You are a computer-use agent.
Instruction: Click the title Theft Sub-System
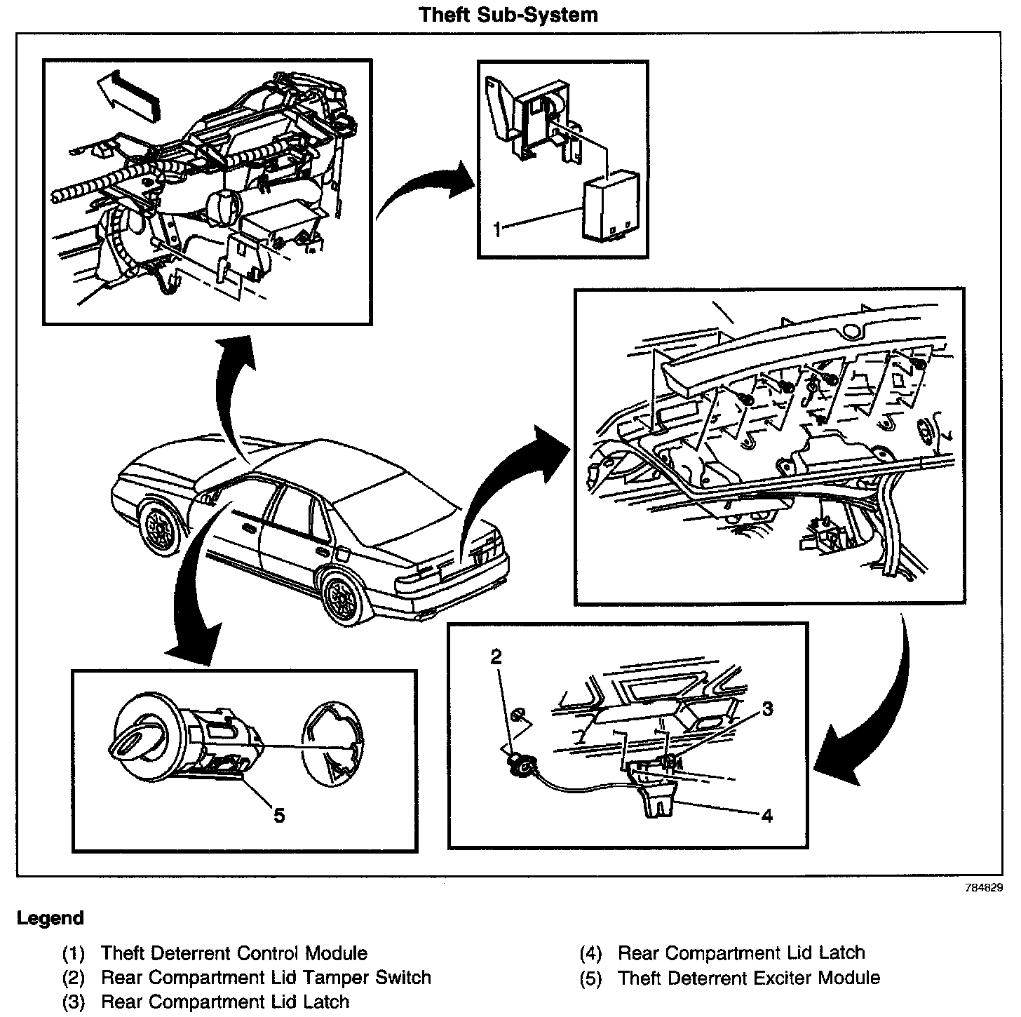point(508,15)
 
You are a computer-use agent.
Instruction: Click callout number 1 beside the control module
point(496,229)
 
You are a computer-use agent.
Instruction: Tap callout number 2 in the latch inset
point(496,657)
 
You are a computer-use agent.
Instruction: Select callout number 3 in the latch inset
point(768,709)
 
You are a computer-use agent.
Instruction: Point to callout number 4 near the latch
point(767,816)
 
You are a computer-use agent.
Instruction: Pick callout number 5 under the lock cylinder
point(279,816)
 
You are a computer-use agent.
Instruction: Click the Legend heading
point(50,918)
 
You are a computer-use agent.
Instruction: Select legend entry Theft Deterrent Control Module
point(234,953)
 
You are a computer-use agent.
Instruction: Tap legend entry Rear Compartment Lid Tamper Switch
point(266,977)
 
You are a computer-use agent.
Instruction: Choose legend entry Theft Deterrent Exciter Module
point(748,978)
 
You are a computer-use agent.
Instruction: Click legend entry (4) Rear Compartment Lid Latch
point(741,953)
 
